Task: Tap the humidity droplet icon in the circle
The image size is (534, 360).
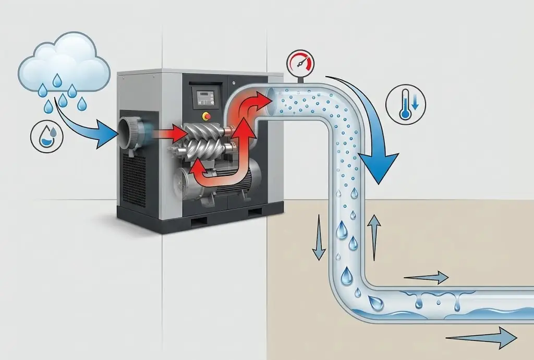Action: click(x=47, y=135)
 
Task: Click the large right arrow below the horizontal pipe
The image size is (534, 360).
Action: click(x=482, y=339)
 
